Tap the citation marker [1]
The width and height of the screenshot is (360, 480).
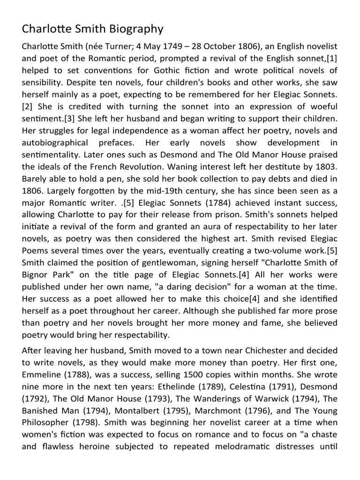point(331,59)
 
